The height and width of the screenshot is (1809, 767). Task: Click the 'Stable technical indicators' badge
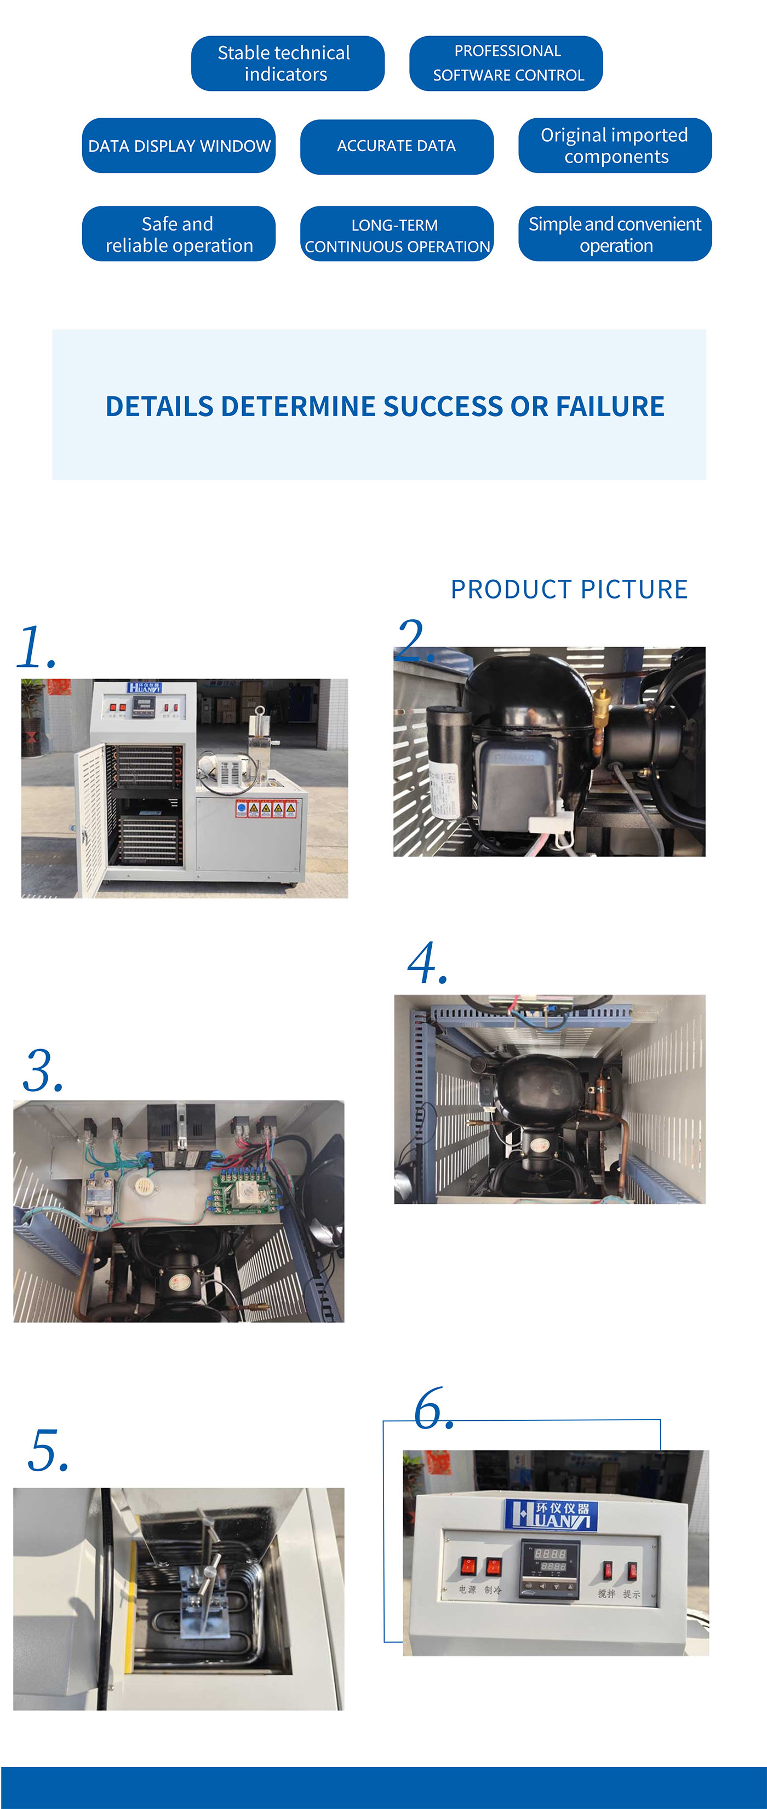(x=287, y=63)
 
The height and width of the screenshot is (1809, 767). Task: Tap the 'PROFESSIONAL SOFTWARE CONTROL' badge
(x=506, y=63)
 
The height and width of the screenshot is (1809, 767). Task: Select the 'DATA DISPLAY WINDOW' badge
(x=179, y=146)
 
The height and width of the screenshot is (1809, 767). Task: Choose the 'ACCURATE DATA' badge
(x=396, y=146)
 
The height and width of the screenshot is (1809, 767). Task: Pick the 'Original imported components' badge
(x=615, y=146)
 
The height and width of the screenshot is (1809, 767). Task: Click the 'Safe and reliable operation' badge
(x=179, y=234)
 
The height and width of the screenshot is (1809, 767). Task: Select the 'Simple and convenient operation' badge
(x=615, y=234)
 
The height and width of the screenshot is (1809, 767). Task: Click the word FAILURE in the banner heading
(x=610, y=407)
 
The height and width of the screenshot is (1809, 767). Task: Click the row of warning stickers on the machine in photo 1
(x=266, y=809)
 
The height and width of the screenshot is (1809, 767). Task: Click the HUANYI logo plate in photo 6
(x=551, y=1515)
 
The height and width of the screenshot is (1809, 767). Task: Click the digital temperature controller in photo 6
(x=550, y=1568)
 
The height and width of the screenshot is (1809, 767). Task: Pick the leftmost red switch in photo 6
(x=468, y=1565)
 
